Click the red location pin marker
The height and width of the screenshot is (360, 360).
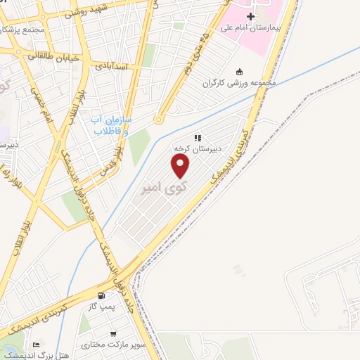pos(181,166)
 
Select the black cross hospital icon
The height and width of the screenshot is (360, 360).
pos(251,16)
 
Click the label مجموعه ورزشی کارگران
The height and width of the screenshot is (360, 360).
pos(239,83)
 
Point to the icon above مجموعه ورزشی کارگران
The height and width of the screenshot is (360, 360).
pos(239,72)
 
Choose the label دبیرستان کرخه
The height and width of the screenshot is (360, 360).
pos(198,150)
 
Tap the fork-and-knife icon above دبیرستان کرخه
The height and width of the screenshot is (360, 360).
pos(199,139)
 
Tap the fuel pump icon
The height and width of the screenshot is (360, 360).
pos(103,295)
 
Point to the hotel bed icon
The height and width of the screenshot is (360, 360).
pos(36,345)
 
